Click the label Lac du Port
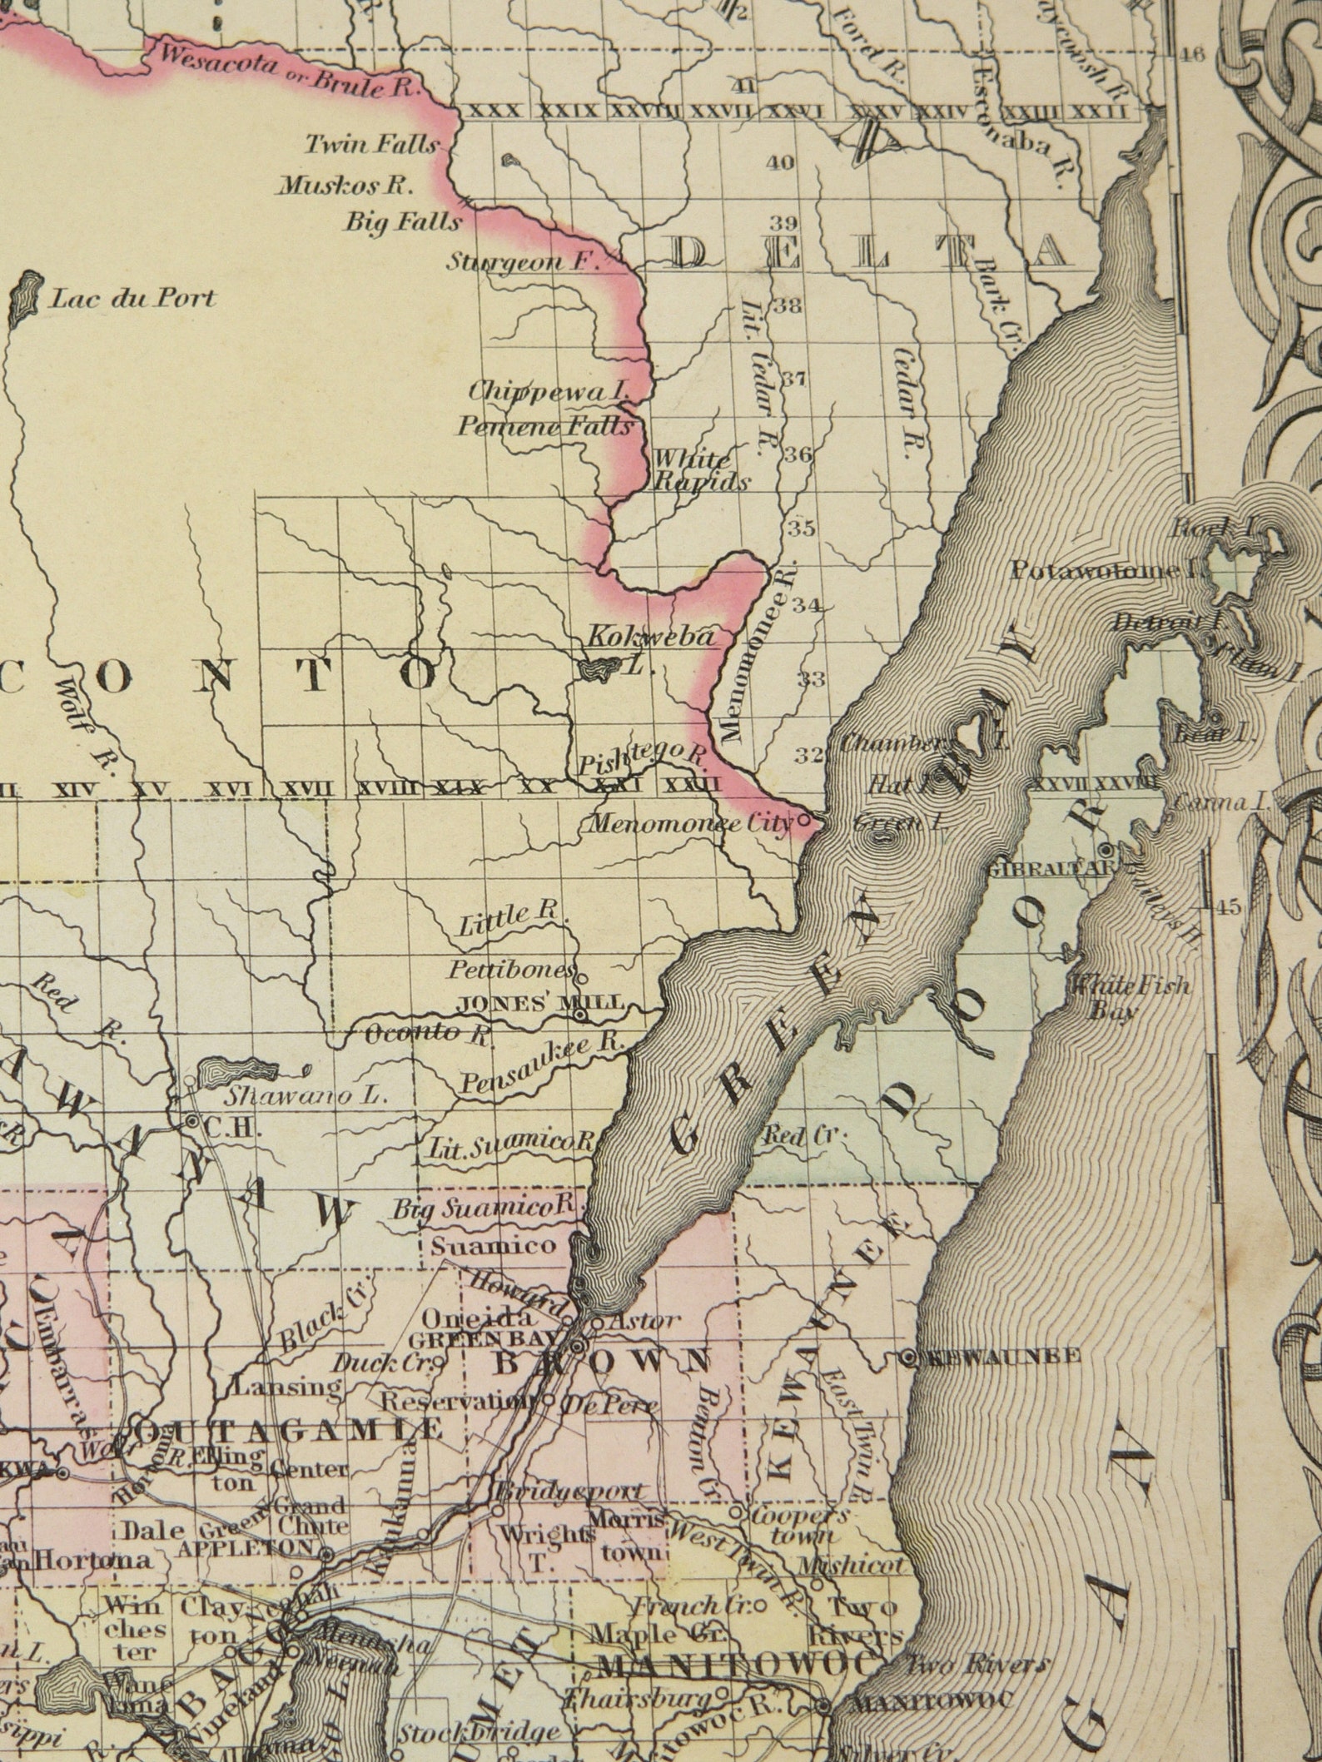(132, 298)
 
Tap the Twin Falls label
(370, 145)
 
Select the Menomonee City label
(688, 826)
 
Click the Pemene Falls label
(544, 427)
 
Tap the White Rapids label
(701, 470)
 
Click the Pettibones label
(512, 970)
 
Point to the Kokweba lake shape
(599, 669)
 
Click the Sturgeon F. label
(523, 261)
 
